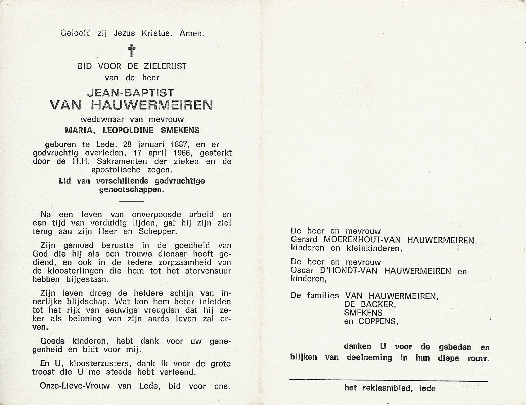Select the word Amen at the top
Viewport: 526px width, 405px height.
(x=192, y=33)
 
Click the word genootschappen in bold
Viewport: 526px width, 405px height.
(x=131, y=189)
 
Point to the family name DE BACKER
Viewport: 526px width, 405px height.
(x=369, y=304)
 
